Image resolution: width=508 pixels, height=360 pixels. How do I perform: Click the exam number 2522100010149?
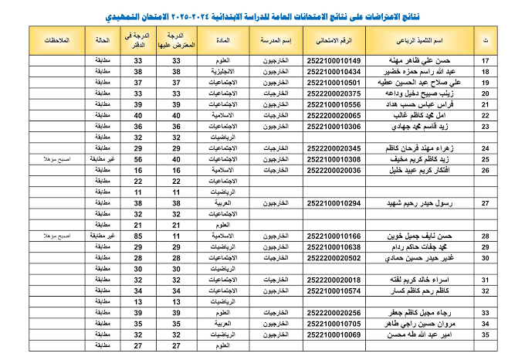click(334, 60)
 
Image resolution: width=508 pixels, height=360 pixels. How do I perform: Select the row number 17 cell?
click(486, 60)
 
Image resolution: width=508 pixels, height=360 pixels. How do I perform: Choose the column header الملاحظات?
click(59, 39)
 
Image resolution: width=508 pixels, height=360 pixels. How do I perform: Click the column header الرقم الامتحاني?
click(334, 39)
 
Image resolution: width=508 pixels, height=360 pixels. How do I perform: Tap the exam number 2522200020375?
click(334, 93)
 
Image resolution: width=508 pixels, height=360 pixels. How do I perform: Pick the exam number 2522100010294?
click(334, 202)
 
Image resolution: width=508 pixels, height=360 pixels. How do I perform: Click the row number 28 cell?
click(486, 236)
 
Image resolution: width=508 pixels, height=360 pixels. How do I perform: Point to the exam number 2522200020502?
click(334, 257)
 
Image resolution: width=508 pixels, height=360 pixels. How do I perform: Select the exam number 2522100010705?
click(334, 324)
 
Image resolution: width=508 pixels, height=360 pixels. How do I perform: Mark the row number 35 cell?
click(486, 335)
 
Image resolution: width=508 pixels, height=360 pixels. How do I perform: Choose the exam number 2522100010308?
click(334, 159)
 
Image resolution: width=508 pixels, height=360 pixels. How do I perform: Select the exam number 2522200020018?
click(334, 280)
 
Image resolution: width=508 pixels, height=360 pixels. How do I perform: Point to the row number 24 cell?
click(486, 148)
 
